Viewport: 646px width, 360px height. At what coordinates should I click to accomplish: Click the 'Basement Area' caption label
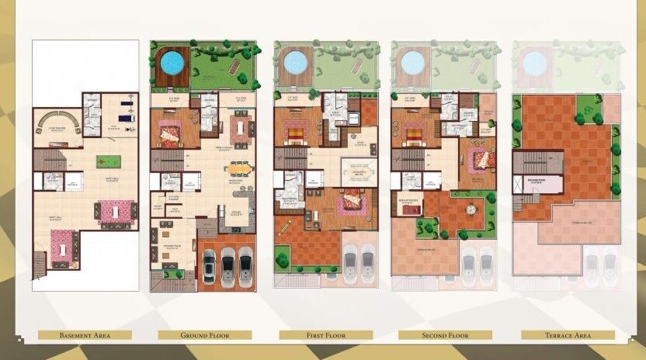click(x=85, y=335)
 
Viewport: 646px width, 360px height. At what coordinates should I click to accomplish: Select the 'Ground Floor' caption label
click(x=204, y=335)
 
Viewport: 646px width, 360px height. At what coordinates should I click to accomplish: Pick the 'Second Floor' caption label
click(x=445, y=335)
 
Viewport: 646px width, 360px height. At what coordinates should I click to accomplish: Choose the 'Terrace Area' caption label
click(x=568, y=335)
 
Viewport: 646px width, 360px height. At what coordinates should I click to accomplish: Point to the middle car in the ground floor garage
click(x=227, y=267)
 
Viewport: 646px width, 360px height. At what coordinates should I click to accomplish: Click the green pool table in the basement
click(x=108, y=161)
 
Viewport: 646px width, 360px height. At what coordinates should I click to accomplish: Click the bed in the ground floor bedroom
click(x=170, y=133)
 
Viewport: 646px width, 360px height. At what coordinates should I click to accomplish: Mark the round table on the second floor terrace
click(x=471, y=209)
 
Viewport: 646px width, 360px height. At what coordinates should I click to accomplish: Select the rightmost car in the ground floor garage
click(x=246, y=267)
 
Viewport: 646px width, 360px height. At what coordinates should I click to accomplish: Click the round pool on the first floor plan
click(x=295, y=61)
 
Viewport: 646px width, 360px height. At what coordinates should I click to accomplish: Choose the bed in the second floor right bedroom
click(x=479, y=158)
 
